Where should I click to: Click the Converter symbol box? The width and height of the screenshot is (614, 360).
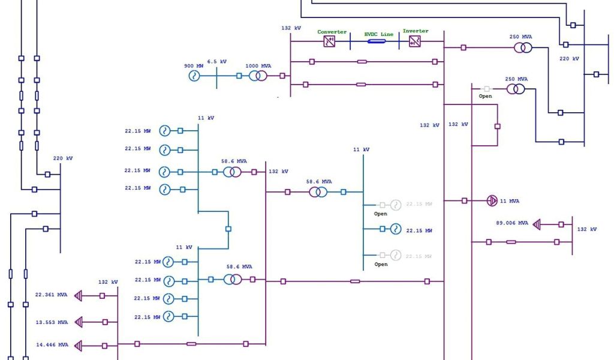[x=329, y=41]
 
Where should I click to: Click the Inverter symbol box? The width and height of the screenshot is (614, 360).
[x=414, y=41]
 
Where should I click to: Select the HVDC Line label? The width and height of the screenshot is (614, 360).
[x=379, y=34]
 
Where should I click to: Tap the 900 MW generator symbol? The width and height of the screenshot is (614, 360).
[x=194, y=76]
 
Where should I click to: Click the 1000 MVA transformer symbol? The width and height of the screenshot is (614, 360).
[x=258, y=76]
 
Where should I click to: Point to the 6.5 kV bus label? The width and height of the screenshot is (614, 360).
[x=217, y=62]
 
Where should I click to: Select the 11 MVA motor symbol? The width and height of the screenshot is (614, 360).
[x=492, y=200]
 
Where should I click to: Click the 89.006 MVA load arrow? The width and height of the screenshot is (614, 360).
[x=537, y=224]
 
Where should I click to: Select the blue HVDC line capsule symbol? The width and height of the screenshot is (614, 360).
[x=377, y=41]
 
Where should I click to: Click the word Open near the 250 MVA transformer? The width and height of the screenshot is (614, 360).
[x=485, y=96]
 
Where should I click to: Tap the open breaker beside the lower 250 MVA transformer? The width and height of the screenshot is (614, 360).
[x=486, y=89]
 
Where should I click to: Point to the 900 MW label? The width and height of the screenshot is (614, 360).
[x=193, y=65]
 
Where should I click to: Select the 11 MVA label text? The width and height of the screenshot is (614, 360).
[x=510, y=201]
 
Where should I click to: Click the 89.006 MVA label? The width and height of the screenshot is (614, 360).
[x=513, y=223]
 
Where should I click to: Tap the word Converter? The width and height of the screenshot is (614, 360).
[x=332, y=32]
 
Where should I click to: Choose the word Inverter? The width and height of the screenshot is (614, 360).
[x=416, y=31]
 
